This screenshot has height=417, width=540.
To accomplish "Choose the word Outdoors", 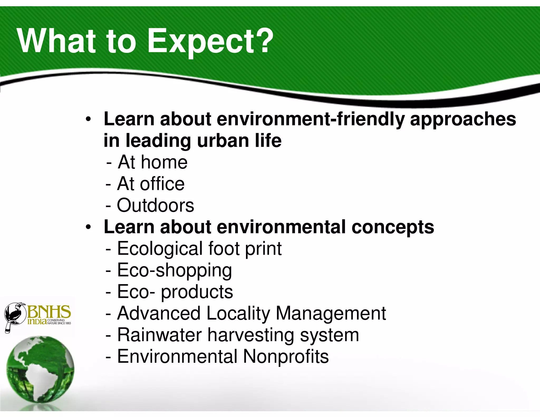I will [155, 205].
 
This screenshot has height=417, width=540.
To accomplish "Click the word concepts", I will [393, 227].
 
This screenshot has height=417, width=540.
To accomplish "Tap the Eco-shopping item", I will [174, 270].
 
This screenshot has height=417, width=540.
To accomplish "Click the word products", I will [197, 292].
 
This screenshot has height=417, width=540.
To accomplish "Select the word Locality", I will [238, 314].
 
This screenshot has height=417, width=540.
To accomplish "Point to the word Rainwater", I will [160, 335].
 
